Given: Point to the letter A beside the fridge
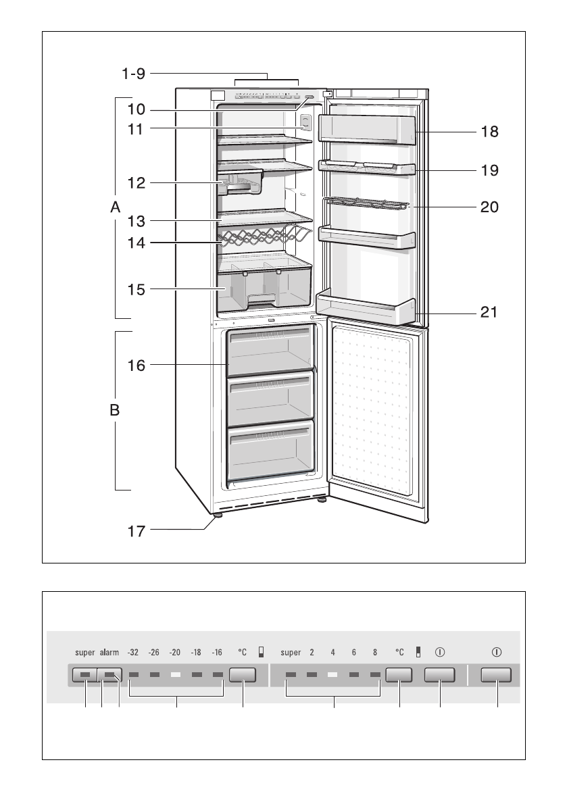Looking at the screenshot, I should pyautogui.click(x=116, y=209).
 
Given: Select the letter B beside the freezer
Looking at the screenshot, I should pyautogui.click(x=116, y=409).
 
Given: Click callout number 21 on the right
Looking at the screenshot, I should pyautogui.click(x=489, y=312).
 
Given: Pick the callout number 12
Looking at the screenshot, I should pyautogui.click(x=135, y=182).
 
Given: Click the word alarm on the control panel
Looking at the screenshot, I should pyautogui.click(x=109, y=653).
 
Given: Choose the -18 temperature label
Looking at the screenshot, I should pyautogui.click(x=197, y=653).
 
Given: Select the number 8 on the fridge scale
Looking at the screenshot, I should pyautogui.click(x=374, y=653).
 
